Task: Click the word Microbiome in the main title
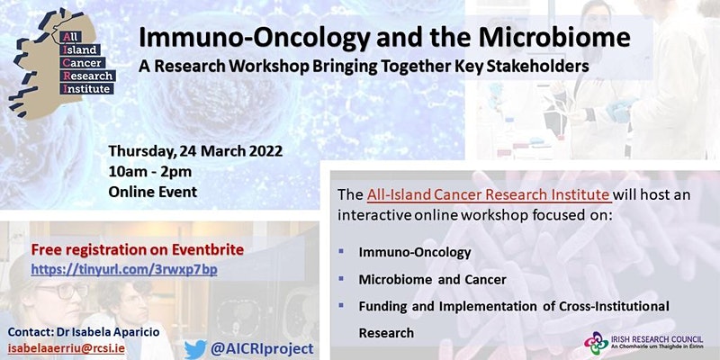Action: [554, 38]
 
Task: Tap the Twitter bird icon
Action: [195, 349]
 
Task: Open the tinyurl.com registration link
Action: [124, 270]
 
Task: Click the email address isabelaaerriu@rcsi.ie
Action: [66, 348]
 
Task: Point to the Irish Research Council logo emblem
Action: [596, 343]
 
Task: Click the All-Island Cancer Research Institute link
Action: [488, 194]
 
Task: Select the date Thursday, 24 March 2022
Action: [195, 151]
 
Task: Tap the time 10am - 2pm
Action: [150, 172]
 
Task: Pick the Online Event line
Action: [152, 192]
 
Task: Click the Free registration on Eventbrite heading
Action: [138, 250]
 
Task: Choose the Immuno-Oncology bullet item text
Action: [415, 253]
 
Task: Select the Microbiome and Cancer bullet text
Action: [432, 279]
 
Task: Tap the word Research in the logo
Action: [88, 76]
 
